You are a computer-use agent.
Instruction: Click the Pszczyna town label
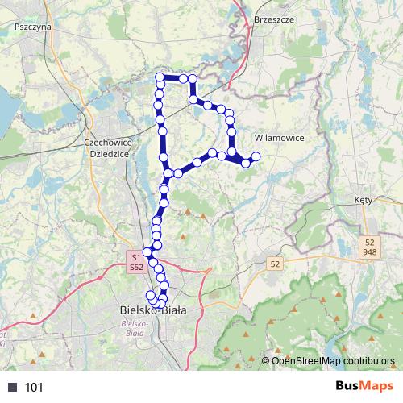[33, 27]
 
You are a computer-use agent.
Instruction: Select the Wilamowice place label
[278, 138]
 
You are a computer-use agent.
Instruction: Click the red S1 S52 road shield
[136, 261]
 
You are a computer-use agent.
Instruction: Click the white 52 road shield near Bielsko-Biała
[275, 264]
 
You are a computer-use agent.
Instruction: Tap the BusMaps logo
[359, 387]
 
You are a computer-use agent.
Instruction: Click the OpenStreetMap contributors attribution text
[333, 360]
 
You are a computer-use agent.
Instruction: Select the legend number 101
[34, 388]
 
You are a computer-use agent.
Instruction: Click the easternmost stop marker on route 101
[256, 156]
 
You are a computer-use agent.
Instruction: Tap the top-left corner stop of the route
[160, 77]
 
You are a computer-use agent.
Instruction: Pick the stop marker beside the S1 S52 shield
[147, 252]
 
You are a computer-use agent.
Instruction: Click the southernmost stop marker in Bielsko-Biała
[159, 305]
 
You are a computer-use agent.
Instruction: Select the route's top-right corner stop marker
[193, 79]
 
